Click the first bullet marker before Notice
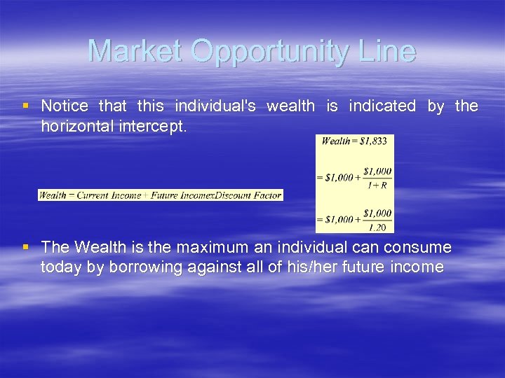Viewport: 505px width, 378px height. click(26, 106)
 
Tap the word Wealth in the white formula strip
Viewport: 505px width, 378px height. click(53, 195)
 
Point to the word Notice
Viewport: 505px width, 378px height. click(65, 106)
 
